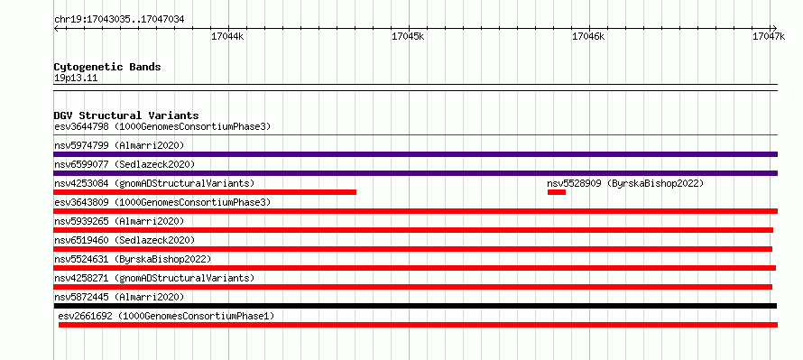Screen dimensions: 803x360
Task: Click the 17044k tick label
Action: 227,36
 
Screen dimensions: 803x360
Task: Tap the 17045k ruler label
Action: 408,36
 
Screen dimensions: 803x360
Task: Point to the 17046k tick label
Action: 588,36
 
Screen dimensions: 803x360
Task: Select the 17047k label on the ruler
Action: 769,36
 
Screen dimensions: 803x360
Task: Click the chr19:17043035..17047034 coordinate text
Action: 119,20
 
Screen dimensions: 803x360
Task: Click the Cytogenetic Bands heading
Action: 107,67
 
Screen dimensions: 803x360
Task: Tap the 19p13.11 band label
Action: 76,78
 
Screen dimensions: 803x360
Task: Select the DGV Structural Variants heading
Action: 126,115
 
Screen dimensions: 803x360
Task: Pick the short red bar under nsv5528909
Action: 556,192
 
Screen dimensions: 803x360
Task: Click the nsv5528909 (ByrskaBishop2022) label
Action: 625,183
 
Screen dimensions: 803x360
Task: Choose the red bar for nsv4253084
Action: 205,192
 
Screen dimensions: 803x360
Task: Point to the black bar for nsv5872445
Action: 415,306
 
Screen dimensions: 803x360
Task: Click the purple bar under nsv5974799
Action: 415,154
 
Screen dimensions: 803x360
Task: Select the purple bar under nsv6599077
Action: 415,173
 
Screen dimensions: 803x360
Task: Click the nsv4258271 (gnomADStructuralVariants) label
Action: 154,278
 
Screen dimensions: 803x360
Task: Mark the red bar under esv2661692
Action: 419,325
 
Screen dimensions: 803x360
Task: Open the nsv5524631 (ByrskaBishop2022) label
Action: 133,259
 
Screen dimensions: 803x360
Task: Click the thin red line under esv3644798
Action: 415,135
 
